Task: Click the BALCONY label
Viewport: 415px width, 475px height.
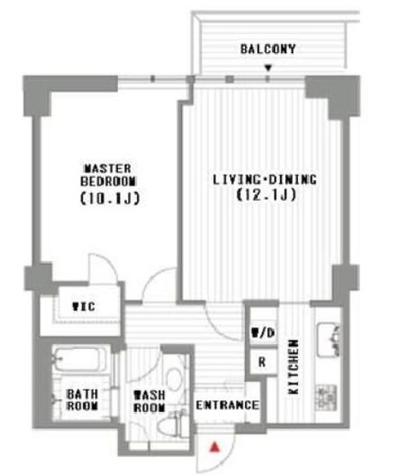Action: (268, 49)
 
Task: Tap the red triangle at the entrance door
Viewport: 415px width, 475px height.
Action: (215, 447)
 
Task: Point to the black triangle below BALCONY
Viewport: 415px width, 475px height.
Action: (268, 68)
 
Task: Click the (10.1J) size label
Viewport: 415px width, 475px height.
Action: (110, 199)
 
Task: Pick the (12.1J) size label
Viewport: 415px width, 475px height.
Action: (266, 195)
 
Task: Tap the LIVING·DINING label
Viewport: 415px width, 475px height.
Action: (264, 179)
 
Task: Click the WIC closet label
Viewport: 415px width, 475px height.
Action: (84, 306)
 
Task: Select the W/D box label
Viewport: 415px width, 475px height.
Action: (263, 332)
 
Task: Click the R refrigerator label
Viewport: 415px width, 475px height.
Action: (262, 362)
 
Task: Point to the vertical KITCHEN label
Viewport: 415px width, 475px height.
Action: (293, 367)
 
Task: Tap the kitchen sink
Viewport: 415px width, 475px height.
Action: (328, 340)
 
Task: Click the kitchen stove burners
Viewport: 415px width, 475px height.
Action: (326, 397)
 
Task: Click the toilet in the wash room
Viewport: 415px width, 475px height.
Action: (171, 424)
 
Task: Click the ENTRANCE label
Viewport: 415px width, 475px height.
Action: (228, 406)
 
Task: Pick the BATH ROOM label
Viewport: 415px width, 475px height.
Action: (82, 400)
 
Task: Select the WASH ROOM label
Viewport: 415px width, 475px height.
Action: (150, 401)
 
